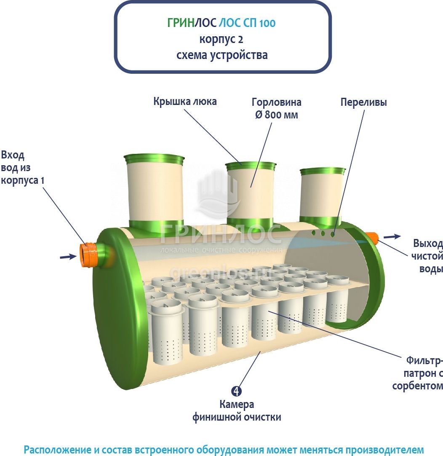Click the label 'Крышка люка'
tap(185, 102)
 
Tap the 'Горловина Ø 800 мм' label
tap(276, 108)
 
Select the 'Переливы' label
tap(363, 102)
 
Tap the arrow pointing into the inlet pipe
tap(67, 256)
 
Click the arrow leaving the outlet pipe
tap(392, 237)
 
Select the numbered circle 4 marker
tap(237, 391)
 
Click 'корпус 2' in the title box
tap(221, 39)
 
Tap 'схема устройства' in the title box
tap(222, 55)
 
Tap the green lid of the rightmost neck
tap(323, 171)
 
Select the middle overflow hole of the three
tap(323, 233)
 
